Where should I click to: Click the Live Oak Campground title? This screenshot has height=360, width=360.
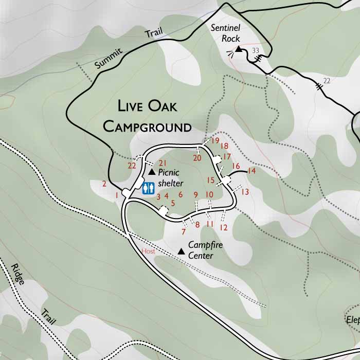[147, 117]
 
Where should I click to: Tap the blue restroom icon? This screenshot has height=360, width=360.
[148, 189]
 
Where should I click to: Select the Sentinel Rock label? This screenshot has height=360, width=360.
[226, 33]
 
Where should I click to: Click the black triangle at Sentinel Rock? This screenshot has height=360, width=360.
[238, 49]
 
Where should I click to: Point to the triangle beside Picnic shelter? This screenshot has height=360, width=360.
[152, 172]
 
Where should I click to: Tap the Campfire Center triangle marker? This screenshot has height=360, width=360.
[181, 251]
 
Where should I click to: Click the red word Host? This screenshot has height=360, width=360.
[148, 251]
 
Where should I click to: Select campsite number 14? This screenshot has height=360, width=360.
[251, 171]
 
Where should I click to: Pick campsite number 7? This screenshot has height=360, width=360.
[184, 231]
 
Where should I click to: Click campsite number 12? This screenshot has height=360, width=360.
[223, 227]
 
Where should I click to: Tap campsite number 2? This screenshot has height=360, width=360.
[104, 184]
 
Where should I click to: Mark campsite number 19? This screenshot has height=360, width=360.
[215, 140]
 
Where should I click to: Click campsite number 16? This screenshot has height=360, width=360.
[236, 166]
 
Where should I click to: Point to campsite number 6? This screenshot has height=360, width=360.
[181, 194]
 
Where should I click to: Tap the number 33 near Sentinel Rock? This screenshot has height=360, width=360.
[255, 50]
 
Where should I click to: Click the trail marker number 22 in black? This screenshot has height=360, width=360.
[327, 81]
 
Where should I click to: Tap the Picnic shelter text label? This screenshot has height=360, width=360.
[170, 177]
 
